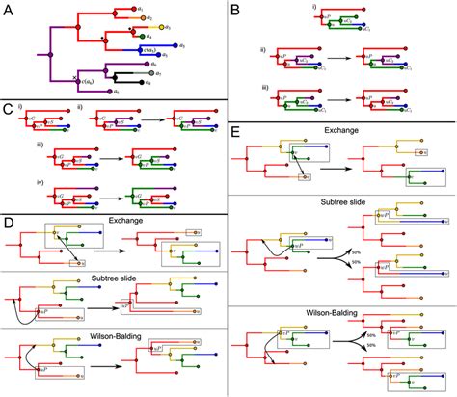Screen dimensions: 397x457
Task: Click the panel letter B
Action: (x=237, y=11)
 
